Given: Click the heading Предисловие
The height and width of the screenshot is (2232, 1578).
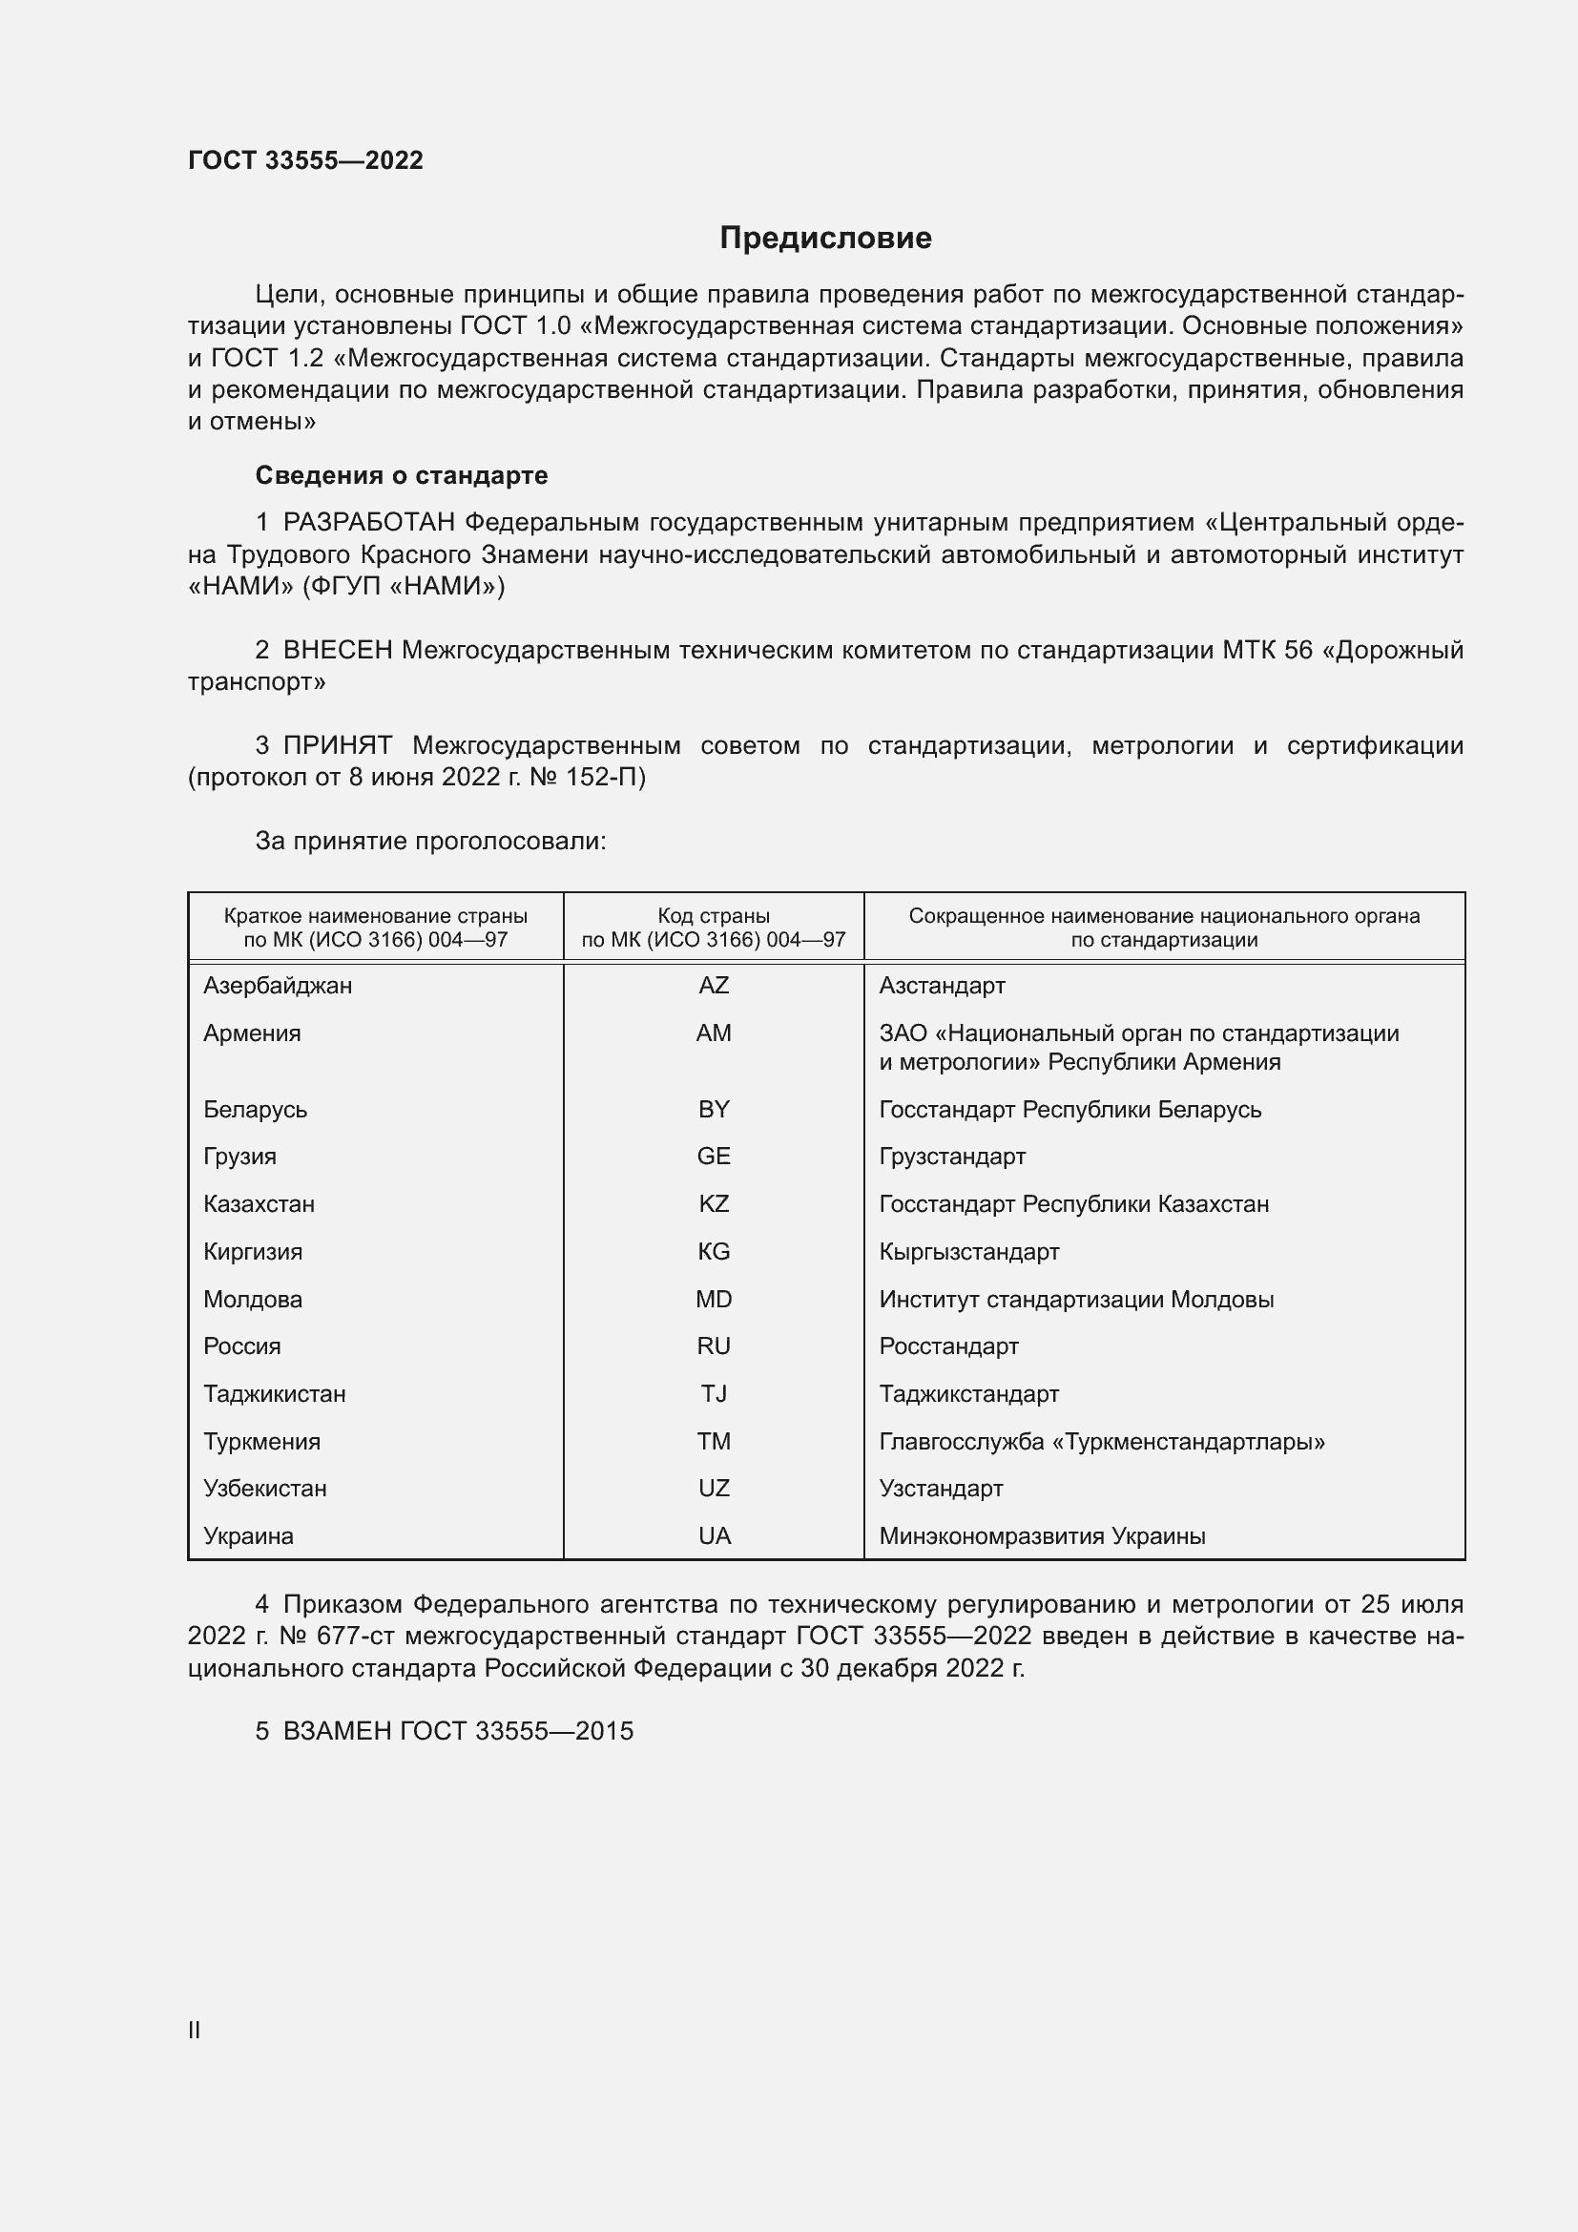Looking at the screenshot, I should (825, 239).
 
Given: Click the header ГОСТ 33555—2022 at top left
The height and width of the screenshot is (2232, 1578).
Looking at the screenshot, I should (305, 160).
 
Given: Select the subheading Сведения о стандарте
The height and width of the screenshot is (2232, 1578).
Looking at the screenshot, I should (402, 475).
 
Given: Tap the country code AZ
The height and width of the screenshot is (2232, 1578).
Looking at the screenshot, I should (714, 986).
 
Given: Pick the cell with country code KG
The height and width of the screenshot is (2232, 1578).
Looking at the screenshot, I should (714, 1251).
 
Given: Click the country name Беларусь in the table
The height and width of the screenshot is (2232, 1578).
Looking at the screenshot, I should (256, 1109).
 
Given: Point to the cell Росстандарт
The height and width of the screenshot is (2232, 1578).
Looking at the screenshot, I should (948, 1346).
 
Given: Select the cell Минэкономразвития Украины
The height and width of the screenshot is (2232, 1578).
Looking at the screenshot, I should (1042, 1536).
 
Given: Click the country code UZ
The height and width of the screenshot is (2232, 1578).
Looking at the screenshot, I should (714, 1489).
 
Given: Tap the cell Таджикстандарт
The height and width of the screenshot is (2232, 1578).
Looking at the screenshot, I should (968, 1394).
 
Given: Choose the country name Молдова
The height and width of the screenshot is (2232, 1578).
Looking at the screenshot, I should (253, 1300).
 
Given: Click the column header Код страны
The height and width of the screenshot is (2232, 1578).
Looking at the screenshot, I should (714, 916).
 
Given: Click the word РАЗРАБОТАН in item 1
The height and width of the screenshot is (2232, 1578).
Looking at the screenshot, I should (368, 523).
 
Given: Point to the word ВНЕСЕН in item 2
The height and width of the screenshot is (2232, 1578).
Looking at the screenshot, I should (337, 651).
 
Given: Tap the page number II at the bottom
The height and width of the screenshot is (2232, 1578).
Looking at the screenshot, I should (195, 2030).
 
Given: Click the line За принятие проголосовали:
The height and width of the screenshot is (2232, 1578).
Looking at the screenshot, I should (430, 841).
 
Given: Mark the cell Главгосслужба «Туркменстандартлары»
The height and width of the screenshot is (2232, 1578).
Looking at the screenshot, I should (1102, 1442).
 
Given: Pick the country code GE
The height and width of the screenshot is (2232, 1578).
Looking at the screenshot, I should (714, 1157).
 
